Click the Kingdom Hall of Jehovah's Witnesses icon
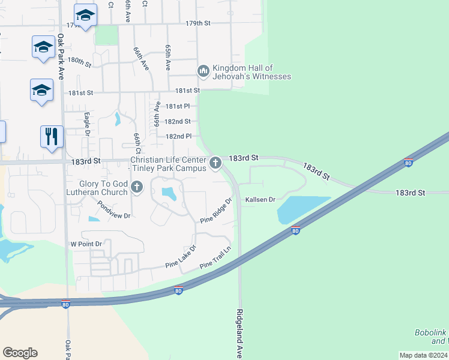click(x=203, y=71)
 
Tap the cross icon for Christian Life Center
click(x=215, y=162)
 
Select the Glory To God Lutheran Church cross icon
click(x=137, y=187)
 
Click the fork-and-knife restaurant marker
click(x=52, y=136)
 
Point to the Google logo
click(x=20, y=352)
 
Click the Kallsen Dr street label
click(x=260, y=199)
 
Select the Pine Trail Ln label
click(x=215, y=259)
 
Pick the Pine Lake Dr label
click(x=181, y=257)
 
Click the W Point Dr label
click(x=86, y=244)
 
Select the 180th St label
click(x=79, y=61)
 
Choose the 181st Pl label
click(x=178, y=106)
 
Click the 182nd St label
click(x=178, y=121)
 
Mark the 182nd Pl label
click(x=178, y=136)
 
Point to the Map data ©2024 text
click(x=423, y=355)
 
